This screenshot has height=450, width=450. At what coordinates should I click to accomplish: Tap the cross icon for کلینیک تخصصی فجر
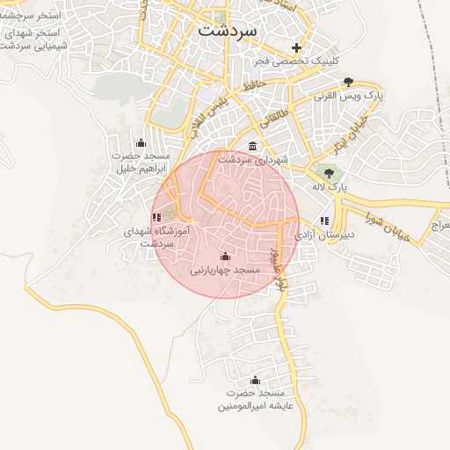(x=297, y=47)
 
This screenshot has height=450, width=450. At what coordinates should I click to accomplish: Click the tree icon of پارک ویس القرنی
(x=349, y=81)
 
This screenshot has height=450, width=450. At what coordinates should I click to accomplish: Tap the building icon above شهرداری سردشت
(x=253, y=146)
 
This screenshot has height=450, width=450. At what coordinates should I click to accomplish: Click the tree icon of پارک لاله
(x=330, y=172)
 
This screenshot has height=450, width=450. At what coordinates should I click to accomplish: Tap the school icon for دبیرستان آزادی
(x=324, y=221)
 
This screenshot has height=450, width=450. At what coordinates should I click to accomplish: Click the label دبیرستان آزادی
(x=323, y=236)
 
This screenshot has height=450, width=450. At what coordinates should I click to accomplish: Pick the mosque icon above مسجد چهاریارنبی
(x=226, y=256)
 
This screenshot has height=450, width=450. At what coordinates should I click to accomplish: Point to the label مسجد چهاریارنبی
(x=226, y=270)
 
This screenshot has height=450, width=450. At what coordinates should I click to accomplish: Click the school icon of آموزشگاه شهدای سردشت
(x=156, y=216)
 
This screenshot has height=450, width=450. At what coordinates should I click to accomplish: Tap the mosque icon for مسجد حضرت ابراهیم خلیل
(x=141, y=143)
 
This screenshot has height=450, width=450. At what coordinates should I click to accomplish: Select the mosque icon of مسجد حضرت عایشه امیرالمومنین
(x=256, y=380)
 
